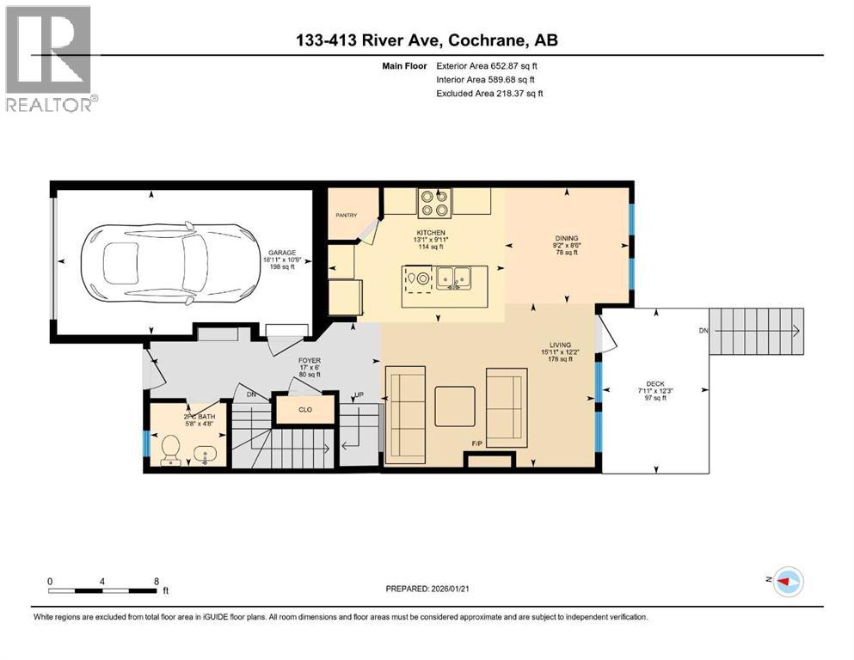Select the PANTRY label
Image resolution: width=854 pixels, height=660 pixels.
click(x=346, y=215)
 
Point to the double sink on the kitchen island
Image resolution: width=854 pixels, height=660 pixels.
click(x=452, y=278)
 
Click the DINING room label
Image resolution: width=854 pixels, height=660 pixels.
click(x=567, y=238)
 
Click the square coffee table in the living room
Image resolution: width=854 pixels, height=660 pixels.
click(x=454, y=406)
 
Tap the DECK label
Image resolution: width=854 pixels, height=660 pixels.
click(x=655, y=385)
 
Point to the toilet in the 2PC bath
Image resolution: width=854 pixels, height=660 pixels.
click(x=170, y=447)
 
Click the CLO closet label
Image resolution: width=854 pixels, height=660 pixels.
click(x=304, y=410)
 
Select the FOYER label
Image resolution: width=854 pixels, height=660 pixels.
click(x=310, y=361)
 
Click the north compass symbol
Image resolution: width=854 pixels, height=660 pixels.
click(x=787, y=582)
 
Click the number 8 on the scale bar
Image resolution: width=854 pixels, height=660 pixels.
click(x=157, y=581)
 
